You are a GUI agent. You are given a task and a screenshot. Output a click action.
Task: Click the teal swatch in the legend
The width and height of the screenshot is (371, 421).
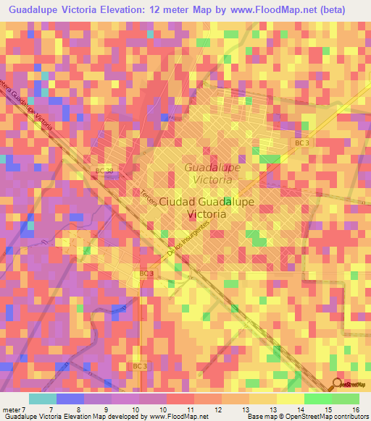42,399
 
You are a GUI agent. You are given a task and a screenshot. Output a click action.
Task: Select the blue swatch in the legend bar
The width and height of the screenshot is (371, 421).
70,399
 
